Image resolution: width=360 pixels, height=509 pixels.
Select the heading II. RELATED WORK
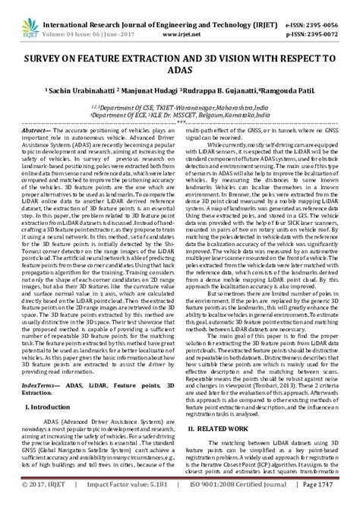coord(221,428)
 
